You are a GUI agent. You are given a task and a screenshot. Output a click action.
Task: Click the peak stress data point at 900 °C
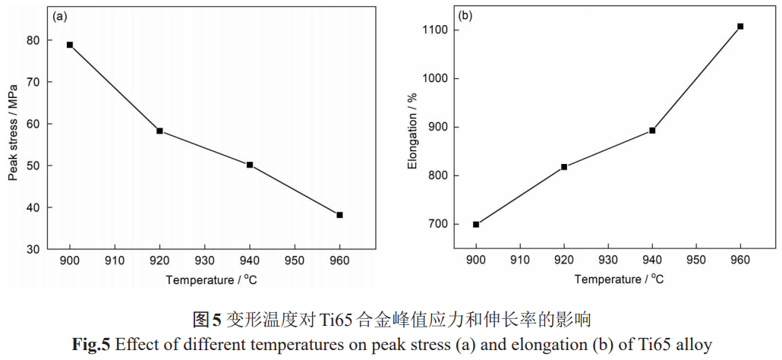(70, 45)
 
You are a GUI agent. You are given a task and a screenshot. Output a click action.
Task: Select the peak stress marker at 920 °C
(159, 131)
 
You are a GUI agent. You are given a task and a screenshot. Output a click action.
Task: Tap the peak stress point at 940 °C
(250, 165)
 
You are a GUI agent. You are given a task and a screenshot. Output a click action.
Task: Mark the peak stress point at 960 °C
(339, 215)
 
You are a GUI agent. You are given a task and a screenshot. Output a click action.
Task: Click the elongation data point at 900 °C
(476, 224)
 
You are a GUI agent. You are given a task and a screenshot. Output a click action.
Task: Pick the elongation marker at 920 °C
(564, 167)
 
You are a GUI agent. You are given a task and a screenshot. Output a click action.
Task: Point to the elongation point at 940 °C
(652, 131)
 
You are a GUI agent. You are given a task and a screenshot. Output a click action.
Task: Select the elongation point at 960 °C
(740, 27)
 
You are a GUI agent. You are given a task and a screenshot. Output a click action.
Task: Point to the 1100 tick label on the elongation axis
(434, 30)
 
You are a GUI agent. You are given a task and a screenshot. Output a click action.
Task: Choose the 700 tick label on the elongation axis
(437, 225)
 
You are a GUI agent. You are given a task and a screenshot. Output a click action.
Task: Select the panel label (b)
(466, 15)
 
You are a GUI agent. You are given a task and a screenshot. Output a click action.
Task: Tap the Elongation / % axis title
(413, 129)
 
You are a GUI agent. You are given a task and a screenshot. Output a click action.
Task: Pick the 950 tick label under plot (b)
(696, 261)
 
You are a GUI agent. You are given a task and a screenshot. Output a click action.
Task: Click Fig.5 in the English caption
(93, 345)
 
